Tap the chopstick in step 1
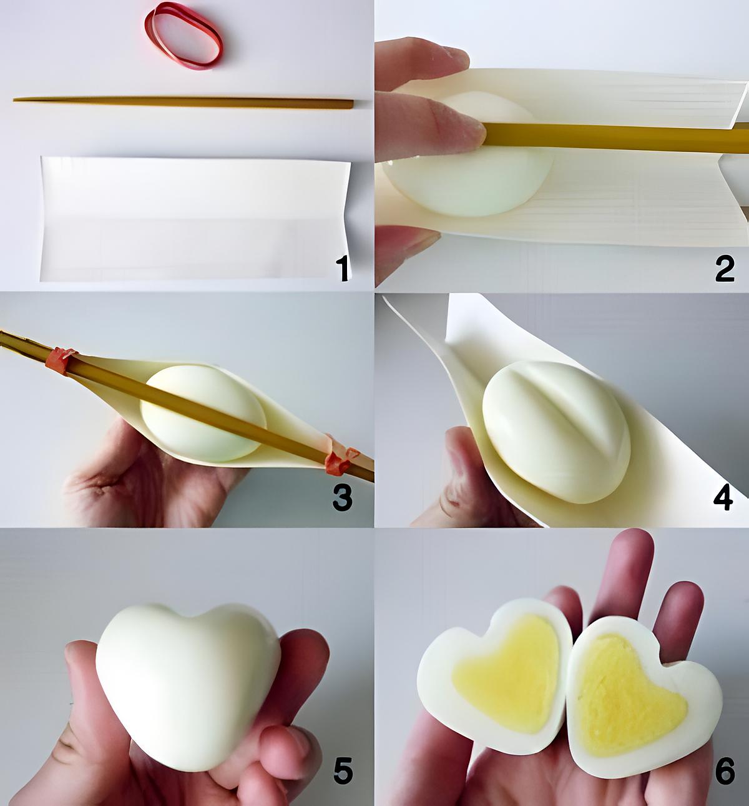[181, 100]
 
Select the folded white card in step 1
[193, 219]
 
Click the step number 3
[342, 498]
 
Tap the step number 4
[723, 498]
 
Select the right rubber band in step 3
[340, 460]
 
